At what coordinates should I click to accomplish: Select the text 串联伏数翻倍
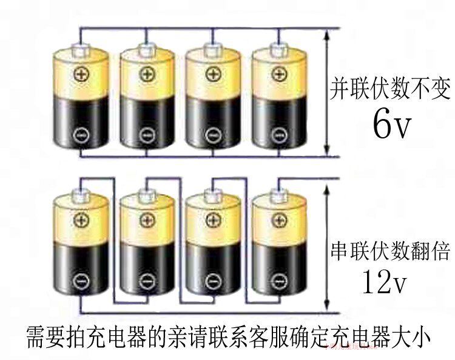(390, 251)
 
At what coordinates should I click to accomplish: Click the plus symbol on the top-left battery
(80, 73)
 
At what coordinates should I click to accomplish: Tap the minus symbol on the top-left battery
(80, 135)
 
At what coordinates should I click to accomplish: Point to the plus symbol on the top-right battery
(278, 73)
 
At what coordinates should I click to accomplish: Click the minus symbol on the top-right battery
(278, 135)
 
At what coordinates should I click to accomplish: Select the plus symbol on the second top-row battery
(146, 73)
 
